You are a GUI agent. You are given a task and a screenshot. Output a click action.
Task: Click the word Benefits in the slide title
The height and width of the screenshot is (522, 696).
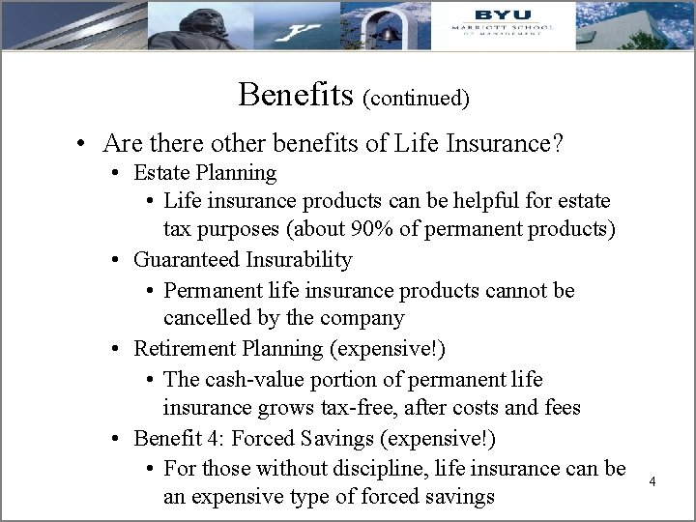tap(297, 94)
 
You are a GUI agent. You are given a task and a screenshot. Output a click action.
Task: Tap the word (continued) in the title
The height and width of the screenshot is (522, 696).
tap(417, 98)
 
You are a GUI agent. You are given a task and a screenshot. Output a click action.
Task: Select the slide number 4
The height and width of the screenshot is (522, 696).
tap(653, 480)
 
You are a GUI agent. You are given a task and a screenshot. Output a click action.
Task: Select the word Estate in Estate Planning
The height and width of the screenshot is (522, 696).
tap(161, 173)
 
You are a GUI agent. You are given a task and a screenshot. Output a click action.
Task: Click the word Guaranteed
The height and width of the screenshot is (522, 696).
tap(187, 260)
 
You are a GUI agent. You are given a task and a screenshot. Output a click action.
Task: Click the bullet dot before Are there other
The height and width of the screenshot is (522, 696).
tap(84, 145)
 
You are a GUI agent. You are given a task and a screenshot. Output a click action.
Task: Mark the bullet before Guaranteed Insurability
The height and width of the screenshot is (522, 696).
tap(115, 261)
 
